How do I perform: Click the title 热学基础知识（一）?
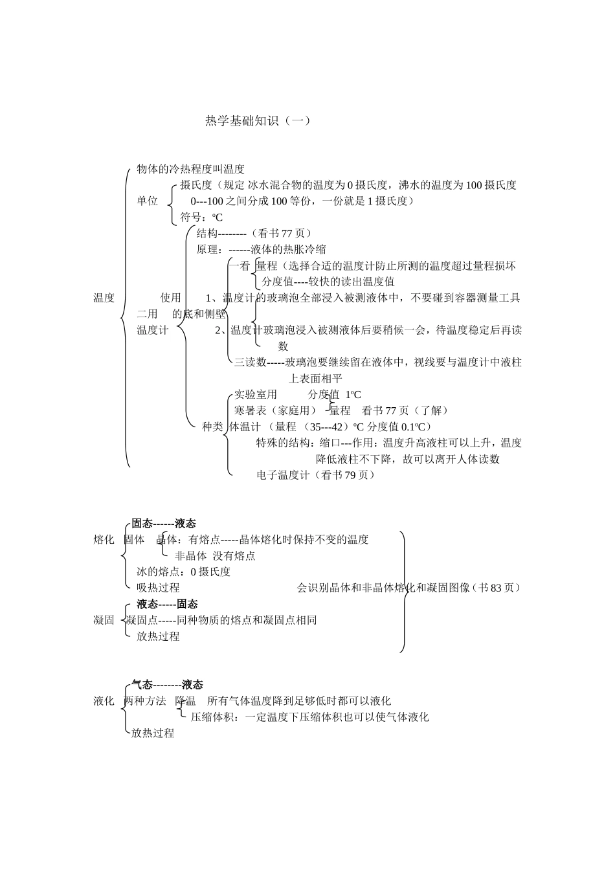tap(258, 120)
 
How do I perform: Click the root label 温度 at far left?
tap(104, 298)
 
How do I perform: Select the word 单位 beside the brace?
tap(148, 201)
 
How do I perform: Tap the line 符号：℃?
tap(201, 217)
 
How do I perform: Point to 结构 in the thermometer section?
tap(207, 233)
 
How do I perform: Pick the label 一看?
tap(240, 265)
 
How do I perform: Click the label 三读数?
tap(250, 362)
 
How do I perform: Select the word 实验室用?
tap(256, 394)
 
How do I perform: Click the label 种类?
tap(212, 427)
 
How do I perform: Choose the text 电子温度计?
tap(283, 475)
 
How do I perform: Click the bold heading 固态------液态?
tap(164, 523)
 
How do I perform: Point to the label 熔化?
tap(104, 539)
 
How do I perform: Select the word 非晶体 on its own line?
tap(191, 555)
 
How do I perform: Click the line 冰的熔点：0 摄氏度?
tap(184, 572)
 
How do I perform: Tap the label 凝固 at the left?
tap(104, 620)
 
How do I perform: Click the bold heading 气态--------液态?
tap(167, 684)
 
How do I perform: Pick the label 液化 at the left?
tap(104, 700)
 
